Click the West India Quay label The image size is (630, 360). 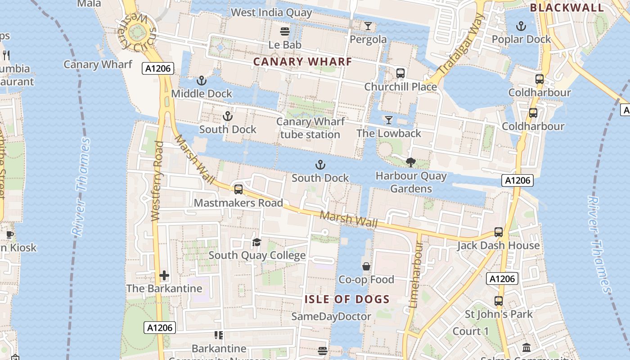click(x=271, y=13)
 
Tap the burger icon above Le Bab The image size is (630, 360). click(x=284, y=31)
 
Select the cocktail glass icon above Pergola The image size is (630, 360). click(x=368, y=26)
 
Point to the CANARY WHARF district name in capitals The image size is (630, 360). click(x=302, y=62)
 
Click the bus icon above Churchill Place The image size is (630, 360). click(x=400, y=73)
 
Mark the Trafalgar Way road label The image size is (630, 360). click(x=460, y=45)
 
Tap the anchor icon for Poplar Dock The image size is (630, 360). click(x=521, y=26)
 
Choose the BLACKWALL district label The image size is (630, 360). click(x=567, y=8)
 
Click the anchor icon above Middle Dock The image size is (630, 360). click(x=202, y=81)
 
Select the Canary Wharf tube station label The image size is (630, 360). click(x=310, y=128)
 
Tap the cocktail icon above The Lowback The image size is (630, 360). click(x=389, y=120)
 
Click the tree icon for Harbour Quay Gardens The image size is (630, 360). click(x=410, y=162)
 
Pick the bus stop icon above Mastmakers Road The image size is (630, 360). click(x=238, y=189)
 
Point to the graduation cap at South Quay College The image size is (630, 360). click(x=256, y=243)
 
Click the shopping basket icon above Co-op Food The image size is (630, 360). click(x=366, y=267)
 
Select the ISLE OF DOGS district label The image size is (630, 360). click(x=347, y=300)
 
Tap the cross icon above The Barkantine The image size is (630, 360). click(x=164, y=275)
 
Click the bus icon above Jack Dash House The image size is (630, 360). click(x=498, y=232)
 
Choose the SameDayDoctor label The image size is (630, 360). click(x=331, y=316)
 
